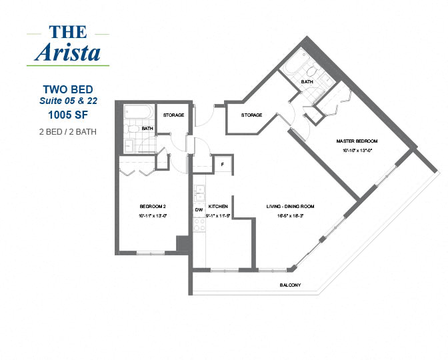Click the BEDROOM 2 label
[153, 206]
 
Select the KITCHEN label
[219, 207]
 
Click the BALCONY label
[291, 285]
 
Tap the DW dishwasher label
[199, 210]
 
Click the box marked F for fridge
[222, 164]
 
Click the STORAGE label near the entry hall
[251, 115]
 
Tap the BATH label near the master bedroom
[307, 82]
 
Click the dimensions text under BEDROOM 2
[153, 216]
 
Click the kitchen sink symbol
[199, 193]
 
